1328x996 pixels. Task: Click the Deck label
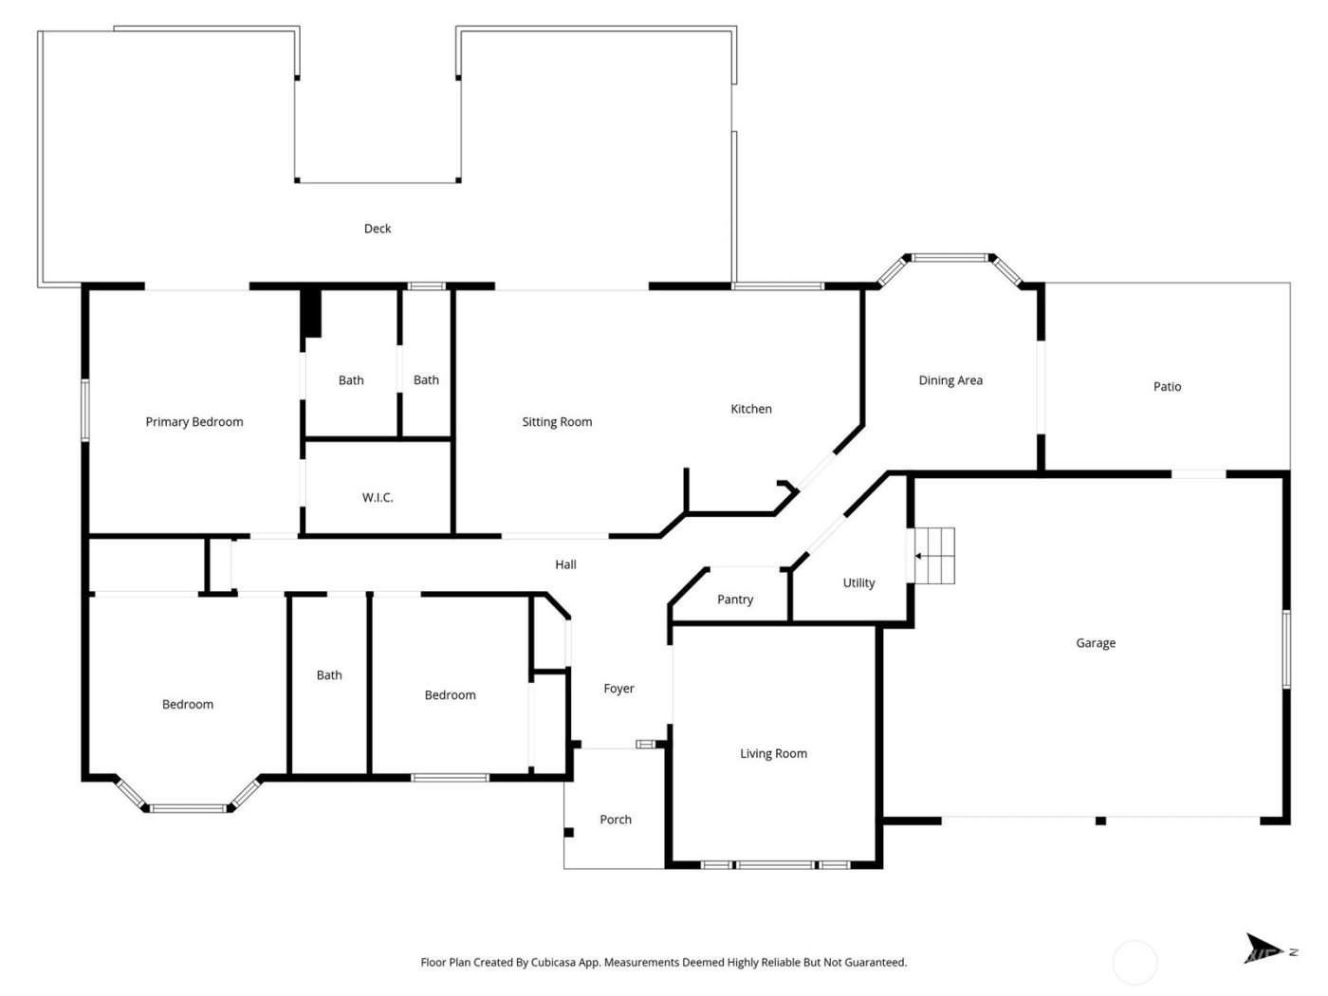coord(378,229)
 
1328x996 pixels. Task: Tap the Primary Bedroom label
coord(194,422)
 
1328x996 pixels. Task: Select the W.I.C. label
coord(378,498)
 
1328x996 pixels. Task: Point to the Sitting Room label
coord(557,422)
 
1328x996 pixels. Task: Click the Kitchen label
coord(751,409)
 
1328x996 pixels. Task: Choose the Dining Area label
coord(950,380)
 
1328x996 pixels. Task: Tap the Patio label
coord(1168,387)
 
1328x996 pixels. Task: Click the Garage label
coord(1096,643)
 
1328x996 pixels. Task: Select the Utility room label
coord(859,583)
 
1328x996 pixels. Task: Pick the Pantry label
coord(735,599)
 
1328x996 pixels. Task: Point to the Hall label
coord(565,564)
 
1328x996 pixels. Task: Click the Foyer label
coord(618,689)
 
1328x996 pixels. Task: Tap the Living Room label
coord(774,754)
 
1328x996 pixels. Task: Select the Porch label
coord(616,820)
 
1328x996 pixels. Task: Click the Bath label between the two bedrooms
coord(329,675)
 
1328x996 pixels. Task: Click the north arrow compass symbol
coord(1262,948)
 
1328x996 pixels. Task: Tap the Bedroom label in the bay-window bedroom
coord(188,705)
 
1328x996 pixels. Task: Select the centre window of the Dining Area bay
coord(950,257)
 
